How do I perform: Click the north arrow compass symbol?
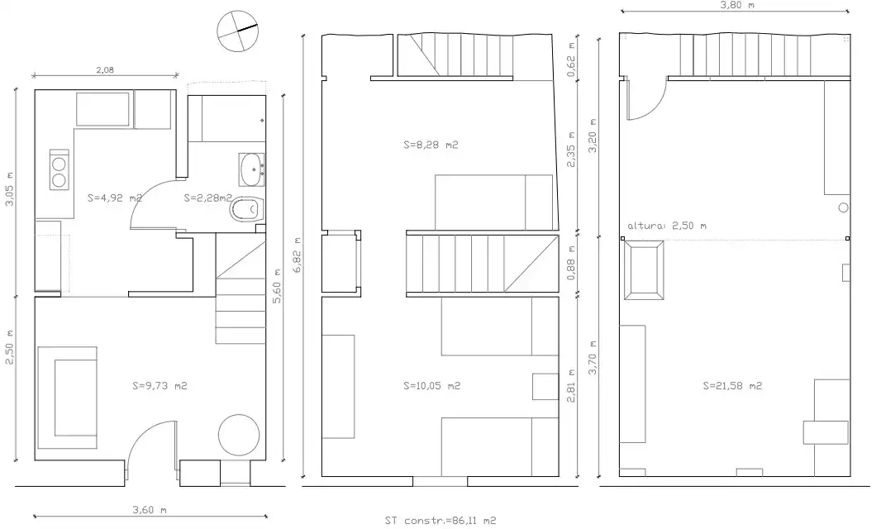pos(238,31)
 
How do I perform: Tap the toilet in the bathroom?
pos(248,210)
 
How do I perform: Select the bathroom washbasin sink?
pos(252,169)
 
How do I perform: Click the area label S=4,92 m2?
pos(115,198)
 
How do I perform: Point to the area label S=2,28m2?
pos(208,198)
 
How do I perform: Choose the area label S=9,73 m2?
pos(160,386)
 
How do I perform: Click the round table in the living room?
pos(239,436)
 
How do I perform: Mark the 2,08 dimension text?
pos(105,70)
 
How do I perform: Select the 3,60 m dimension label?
pos(150,510)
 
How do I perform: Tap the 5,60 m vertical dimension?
pos(277,284)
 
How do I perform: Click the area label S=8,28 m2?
pos(431,145)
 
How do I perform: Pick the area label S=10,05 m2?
pos(432,386)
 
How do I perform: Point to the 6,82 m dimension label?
pos(298,255)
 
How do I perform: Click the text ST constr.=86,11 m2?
pos(440,521)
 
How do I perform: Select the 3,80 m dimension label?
pos(737,5)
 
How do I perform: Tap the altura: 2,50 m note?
pos(667,226)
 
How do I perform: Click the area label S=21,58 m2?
pos(733,386)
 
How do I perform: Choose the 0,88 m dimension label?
pos(571,263)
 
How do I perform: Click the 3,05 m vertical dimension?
pos(10,188)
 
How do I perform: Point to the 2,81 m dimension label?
pos(571,385)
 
